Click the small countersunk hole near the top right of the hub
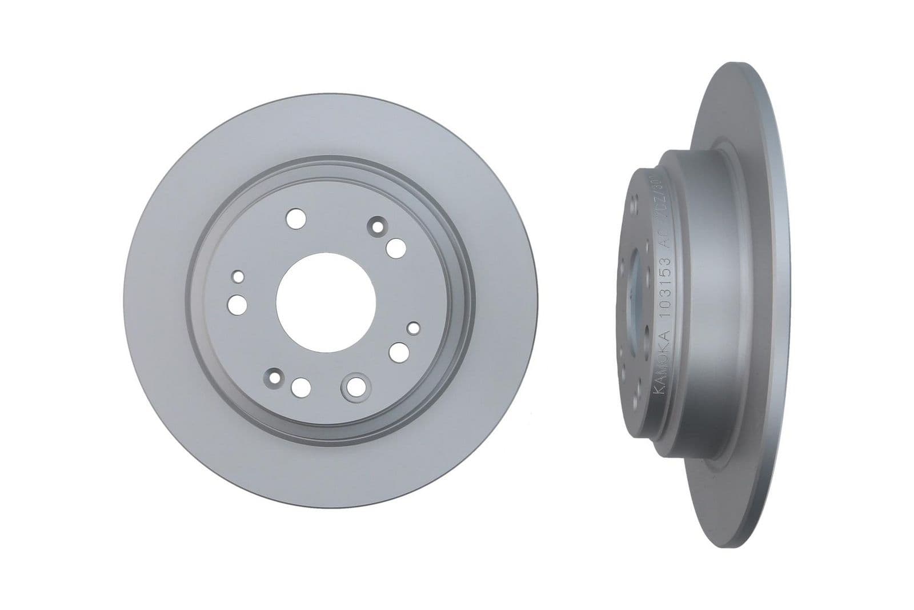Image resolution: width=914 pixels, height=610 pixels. [376, 227]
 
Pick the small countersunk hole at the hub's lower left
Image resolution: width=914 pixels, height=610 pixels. [275, 378]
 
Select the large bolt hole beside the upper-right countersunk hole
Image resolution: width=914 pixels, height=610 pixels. [395, 249]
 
